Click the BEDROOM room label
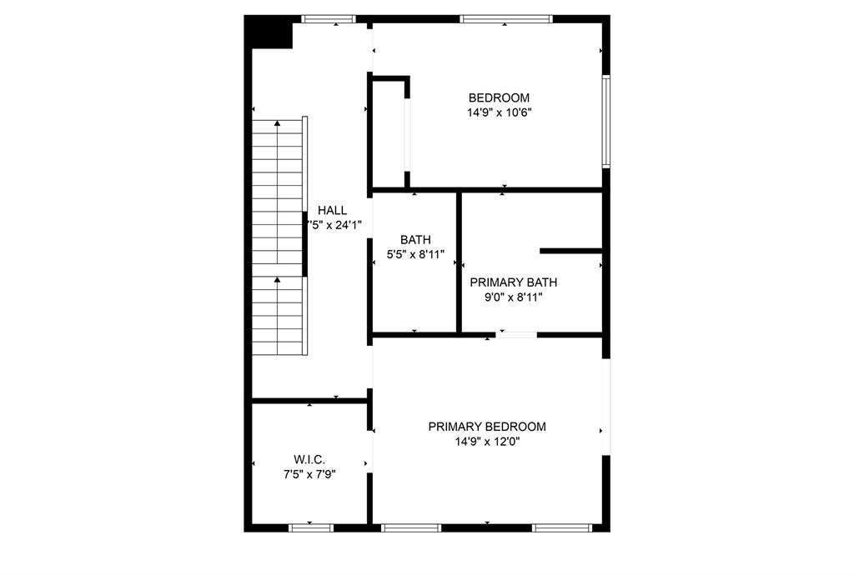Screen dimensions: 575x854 click(x=499, y=97)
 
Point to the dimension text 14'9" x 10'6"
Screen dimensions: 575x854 click(x=499, y=112)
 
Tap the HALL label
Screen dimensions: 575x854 click(x=332, y=211)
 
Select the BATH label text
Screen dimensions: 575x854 click(x=415, y=239)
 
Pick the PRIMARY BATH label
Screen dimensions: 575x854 click(x=514, y=282)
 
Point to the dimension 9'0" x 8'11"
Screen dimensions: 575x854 click(x=514, y=297)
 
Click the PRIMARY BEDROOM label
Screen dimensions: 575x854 click(x=487, y=427)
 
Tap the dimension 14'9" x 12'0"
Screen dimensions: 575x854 click(x=487, y=442)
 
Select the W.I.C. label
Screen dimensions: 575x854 click(x=309, y=459)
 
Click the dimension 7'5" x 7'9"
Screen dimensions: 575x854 click(x=309, y=474)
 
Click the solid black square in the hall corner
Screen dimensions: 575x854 click(x=268, y=33)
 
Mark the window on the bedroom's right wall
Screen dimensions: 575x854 click(x=606, y=121)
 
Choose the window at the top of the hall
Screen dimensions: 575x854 click(x=329, y=18)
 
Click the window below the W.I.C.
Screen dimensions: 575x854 click(x=311, y=527)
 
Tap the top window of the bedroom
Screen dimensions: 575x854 click(x=505, y=18)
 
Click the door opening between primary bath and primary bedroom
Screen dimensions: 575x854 click(x=517, y=335)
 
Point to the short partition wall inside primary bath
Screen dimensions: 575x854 click(x=571, y=251)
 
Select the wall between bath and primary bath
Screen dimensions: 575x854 click(x=459, y=262)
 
